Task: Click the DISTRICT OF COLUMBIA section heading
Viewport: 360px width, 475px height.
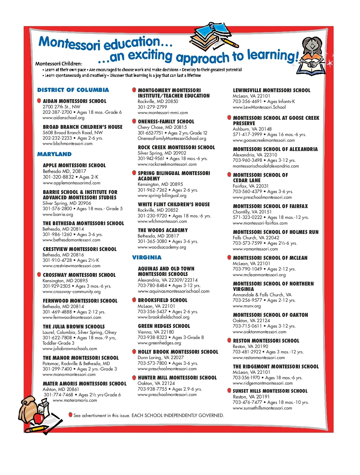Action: point(73,90)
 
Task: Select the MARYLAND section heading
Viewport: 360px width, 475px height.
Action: point(54,154)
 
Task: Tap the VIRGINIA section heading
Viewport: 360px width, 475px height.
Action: point(147,257)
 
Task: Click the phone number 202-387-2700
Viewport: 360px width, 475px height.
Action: point(57,112)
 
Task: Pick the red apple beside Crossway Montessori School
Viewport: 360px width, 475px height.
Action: point(39,274)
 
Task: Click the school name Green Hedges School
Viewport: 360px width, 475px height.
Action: point(164,326)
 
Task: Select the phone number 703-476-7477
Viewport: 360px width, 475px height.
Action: point(247,402)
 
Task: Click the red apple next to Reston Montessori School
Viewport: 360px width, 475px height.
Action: point(229,340)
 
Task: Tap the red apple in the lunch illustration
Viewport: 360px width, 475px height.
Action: point(38,418)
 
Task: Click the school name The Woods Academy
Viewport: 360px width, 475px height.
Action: point(163,230)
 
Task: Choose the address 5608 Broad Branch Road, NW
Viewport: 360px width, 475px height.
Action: point(73,132)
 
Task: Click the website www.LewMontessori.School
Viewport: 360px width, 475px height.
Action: point(259,107)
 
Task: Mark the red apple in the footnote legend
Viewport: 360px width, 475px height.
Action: point(70,415)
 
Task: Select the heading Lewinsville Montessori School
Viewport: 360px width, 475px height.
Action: point(271,90)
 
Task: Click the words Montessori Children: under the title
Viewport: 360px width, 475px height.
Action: point(59,64)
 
